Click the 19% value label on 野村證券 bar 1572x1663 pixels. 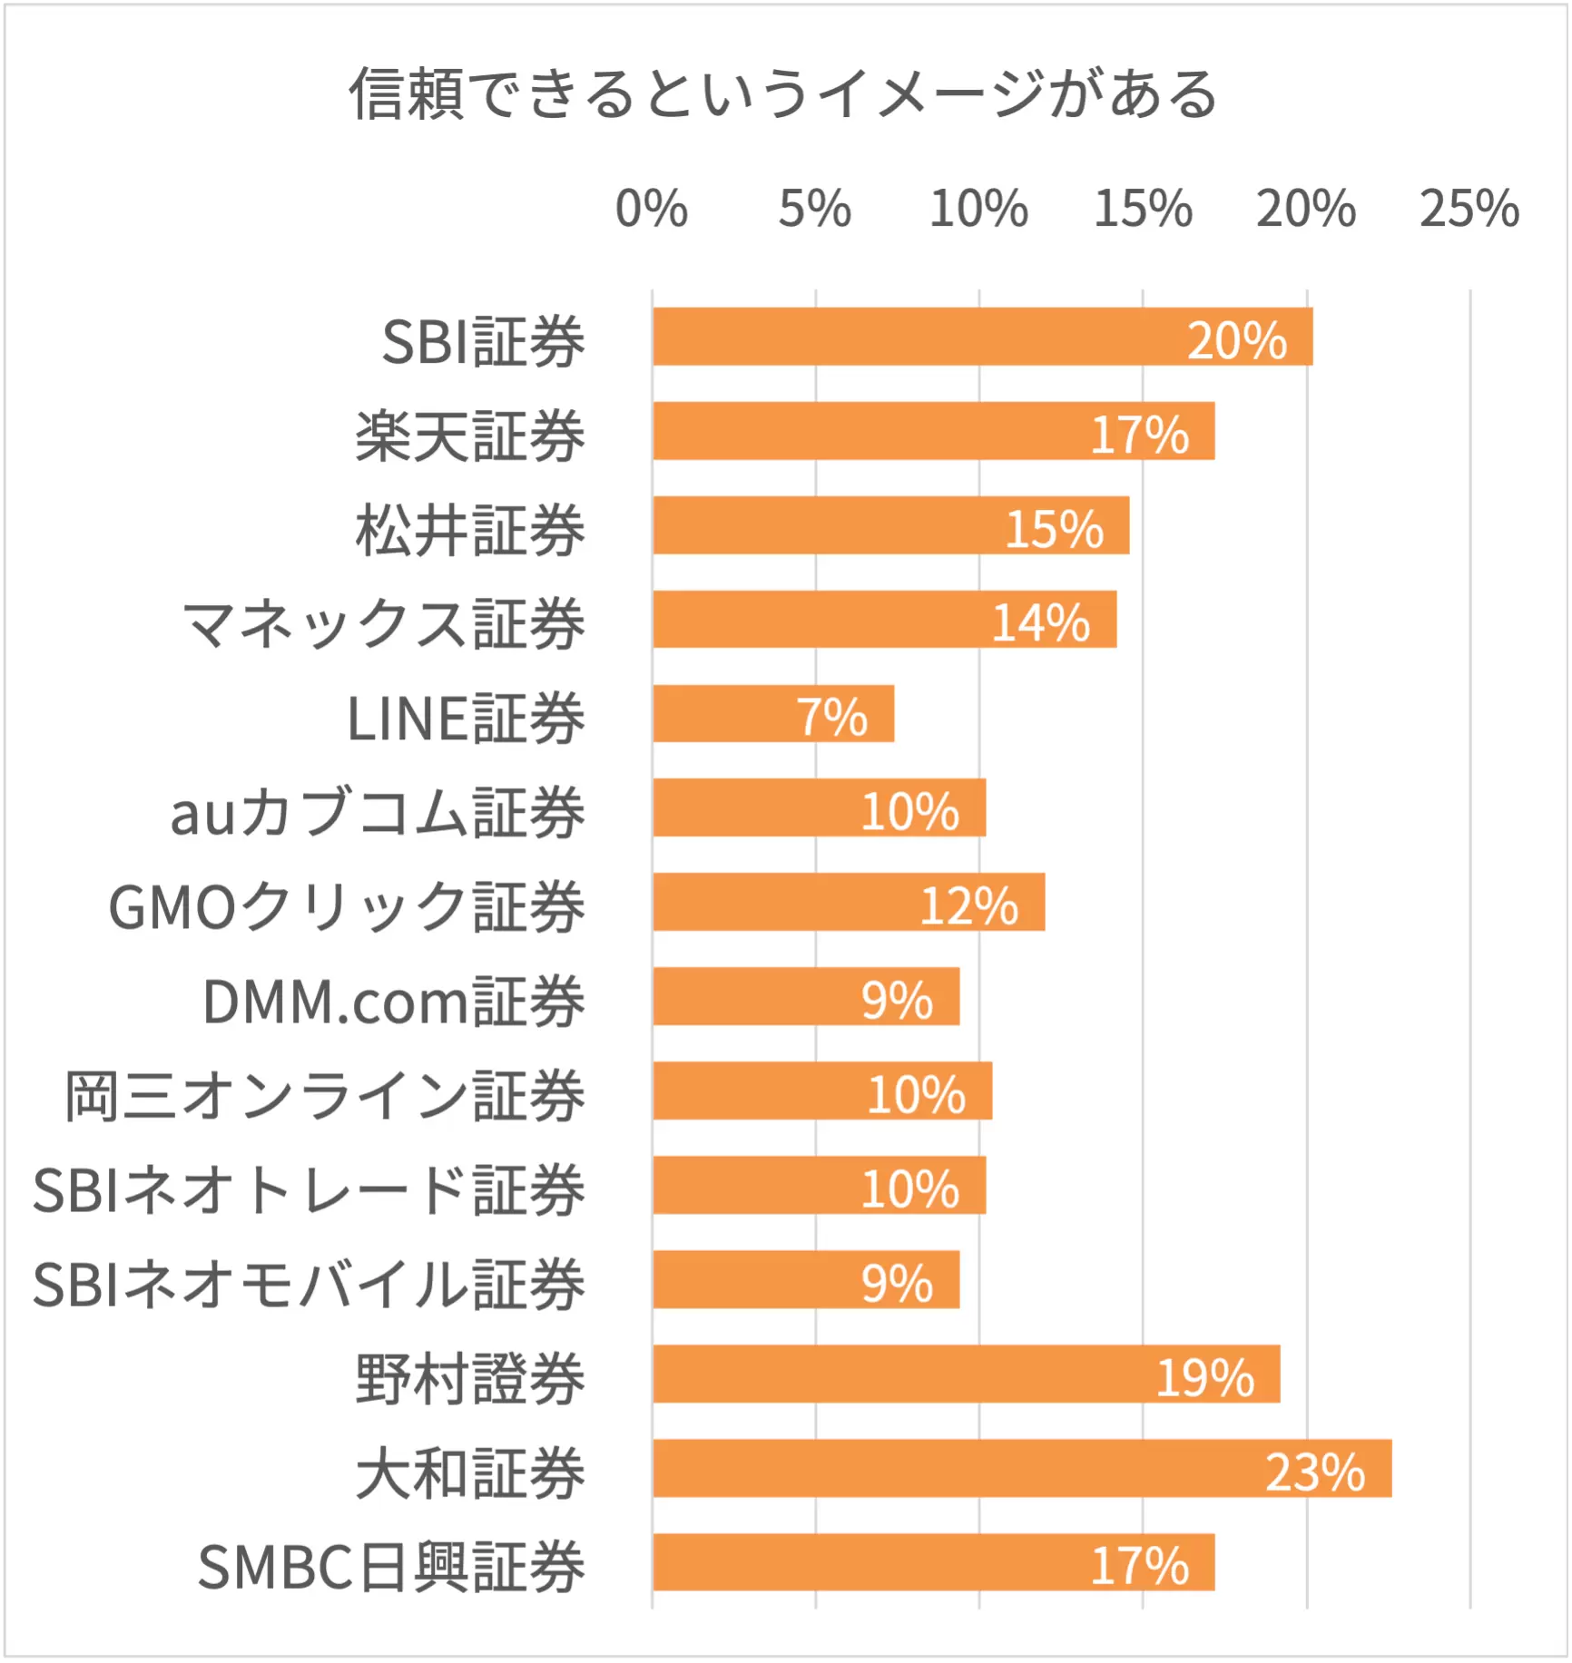tap(1204, 1378)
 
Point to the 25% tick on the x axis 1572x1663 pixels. tap(1469, 209)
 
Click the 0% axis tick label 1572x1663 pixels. tap(652, 209)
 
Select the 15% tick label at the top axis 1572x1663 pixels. tap(1142, 209)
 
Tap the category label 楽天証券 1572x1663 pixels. tap(470, 436)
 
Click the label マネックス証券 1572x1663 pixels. tap(383, 625)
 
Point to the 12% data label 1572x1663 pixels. tap(968, 905)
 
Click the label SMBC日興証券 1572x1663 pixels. tap(392, 1568)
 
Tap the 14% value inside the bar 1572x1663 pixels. tap(1040, 622)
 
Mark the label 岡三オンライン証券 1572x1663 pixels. tap(324, 1096)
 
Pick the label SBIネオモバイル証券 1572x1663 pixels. tap(309, 1285)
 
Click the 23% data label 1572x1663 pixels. tap(1314, 1472)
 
